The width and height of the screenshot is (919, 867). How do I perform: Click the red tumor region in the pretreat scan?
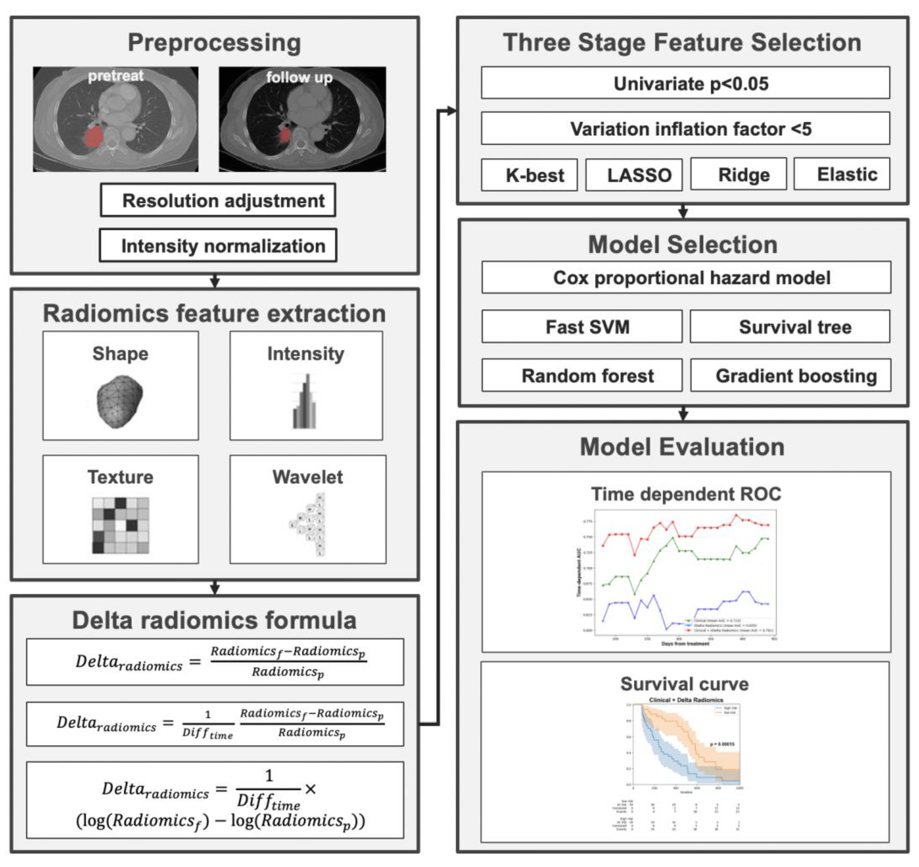[94, 137]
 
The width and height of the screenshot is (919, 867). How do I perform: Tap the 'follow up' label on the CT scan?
[299, 77]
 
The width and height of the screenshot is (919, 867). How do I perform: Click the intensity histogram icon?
[305, 401]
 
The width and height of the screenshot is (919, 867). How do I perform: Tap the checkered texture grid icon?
[121, 525]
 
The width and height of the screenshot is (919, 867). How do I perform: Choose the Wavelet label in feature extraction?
[307, 477]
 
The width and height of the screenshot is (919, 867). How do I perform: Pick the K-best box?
[529, 175]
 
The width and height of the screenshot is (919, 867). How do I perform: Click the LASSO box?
[634, 175]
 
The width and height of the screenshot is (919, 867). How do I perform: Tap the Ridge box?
[738, 174]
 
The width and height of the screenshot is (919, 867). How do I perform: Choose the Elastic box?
[842, 174]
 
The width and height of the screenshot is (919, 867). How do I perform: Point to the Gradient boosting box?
[790, 376]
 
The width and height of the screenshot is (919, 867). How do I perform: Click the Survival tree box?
[790, 326]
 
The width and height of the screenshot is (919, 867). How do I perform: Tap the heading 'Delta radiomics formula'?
[215, 620]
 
